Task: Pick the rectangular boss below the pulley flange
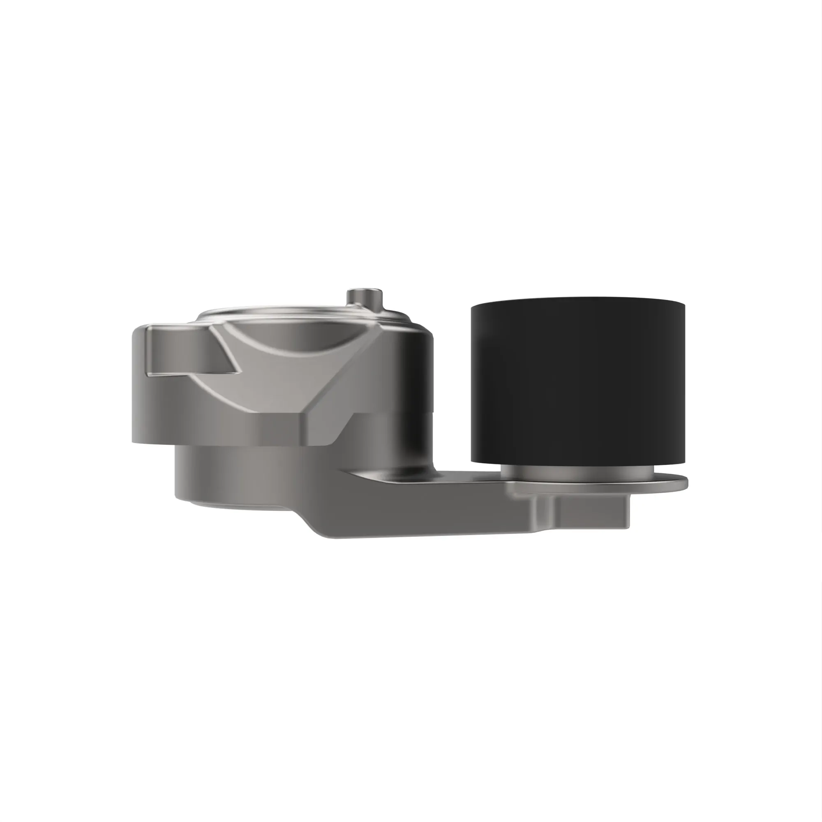(591, 512)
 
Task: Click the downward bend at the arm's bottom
(315, 525)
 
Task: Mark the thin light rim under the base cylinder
(238, 506)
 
